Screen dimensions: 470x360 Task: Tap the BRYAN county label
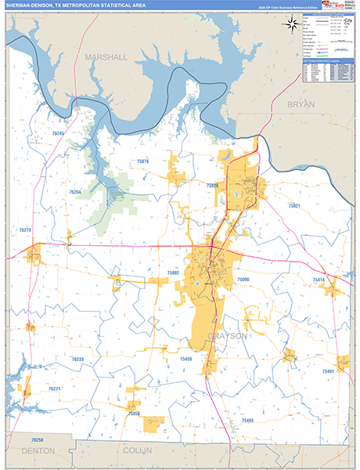(301, 104)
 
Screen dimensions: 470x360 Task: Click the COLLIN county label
(138, 451)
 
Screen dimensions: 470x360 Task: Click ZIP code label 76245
(59, 135)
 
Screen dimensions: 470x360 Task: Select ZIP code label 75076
(164, 162)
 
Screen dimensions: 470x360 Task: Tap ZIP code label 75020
(212, 186)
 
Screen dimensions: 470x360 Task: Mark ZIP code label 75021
(294, 205)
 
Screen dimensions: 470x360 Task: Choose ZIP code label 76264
(75, 192)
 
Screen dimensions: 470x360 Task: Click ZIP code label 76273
(25, 230)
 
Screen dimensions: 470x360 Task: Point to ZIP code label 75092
(174, 273)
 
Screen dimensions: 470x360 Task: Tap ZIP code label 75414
(319, 280)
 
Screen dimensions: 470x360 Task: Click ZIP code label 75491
(328, 371)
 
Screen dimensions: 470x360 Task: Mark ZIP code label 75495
(247, 421)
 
